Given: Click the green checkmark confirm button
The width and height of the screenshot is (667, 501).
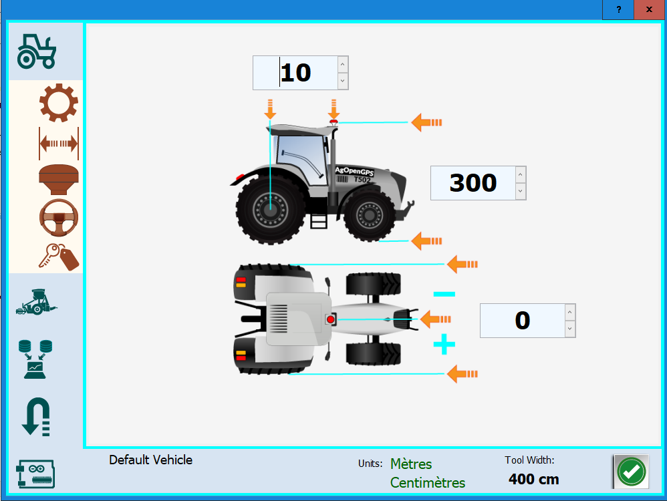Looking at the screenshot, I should point(631,472).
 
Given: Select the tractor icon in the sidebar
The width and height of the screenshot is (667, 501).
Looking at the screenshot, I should point(37,51).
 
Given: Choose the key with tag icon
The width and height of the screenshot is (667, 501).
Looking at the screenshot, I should point(59,256).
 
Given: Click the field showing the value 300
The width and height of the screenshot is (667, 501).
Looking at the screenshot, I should point(473,182).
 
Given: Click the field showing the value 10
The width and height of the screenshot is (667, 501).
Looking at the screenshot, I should point(295,73).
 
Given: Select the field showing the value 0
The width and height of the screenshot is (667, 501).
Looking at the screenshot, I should point(522,321).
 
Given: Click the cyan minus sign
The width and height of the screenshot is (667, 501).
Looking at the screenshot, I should point(444,294).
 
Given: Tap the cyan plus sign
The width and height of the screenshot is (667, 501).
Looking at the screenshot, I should point(444,345).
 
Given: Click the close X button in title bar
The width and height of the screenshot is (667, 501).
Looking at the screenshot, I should point(649,9).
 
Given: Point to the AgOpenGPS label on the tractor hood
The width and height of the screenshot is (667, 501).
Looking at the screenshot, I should point(354,172).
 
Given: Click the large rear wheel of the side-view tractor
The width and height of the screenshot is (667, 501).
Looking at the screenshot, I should point(270,210).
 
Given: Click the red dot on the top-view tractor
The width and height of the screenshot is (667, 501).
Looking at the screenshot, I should point(330,321).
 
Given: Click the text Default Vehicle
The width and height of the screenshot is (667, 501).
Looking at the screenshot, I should point(150,460).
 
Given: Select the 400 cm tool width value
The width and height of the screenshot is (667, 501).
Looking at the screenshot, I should point(533,479).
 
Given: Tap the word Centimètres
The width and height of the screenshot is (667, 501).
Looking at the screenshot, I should point(428,482).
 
